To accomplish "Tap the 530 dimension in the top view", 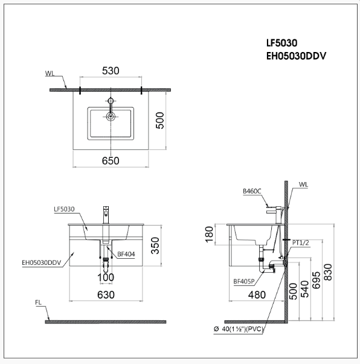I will click(110, 71).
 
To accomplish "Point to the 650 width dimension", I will click(110, 160).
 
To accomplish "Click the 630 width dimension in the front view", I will click(106, 294).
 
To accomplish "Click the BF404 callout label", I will click(125, 255).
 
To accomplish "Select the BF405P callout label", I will click(243, 281).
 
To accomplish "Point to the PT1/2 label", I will click(300, 242).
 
